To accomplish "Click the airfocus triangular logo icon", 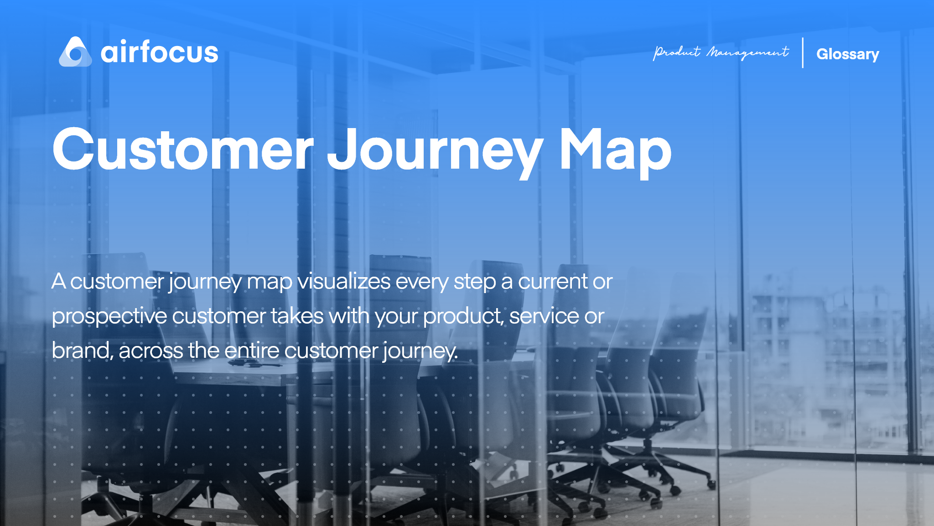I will coord(75,52).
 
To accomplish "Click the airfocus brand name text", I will coord(159,52).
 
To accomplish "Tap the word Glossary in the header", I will coord(847,54).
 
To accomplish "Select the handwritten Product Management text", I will coord(721,53).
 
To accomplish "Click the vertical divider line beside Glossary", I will coord(803,53).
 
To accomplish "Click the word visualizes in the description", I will coord(344,281).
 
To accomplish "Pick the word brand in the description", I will coord(82,351).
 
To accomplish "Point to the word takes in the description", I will coord(297,316).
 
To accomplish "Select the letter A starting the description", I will coord(58,281).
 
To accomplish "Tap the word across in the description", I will coord(150,351).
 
